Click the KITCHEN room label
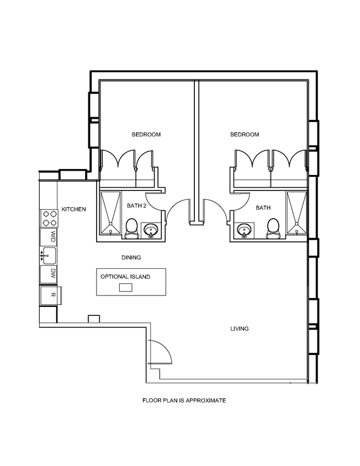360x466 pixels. click(73, 209)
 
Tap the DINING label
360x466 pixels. click(131, 257)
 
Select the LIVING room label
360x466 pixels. click(239, 329)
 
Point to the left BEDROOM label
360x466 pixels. click(146, 134)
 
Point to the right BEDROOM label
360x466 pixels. click(244, 134)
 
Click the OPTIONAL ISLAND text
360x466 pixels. click(125, 277)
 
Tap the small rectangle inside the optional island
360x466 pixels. click(126, 287)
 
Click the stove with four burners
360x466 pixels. click(49, 218)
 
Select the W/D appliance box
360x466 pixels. click(49, 237)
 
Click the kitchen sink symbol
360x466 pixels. click(49, 255)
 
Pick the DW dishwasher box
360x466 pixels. click(49, 273)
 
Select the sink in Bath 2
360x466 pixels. click(150, 230)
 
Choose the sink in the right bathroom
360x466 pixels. click(243, 230)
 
